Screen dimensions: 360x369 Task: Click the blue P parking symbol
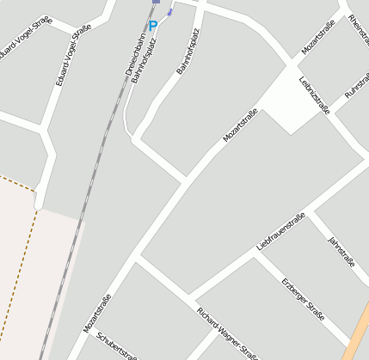153,26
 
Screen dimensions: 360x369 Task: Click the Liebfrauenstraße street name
281,231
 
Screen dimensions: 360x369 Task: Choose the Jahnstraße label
341,250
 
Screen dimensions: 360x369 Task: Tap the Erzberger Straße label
303,299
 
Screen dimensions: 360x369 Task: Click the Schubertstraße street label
117,346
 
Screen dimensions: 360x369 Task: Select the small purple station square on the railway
156,2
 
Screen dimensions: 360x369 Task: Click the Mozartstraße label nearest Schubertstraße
97,314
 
